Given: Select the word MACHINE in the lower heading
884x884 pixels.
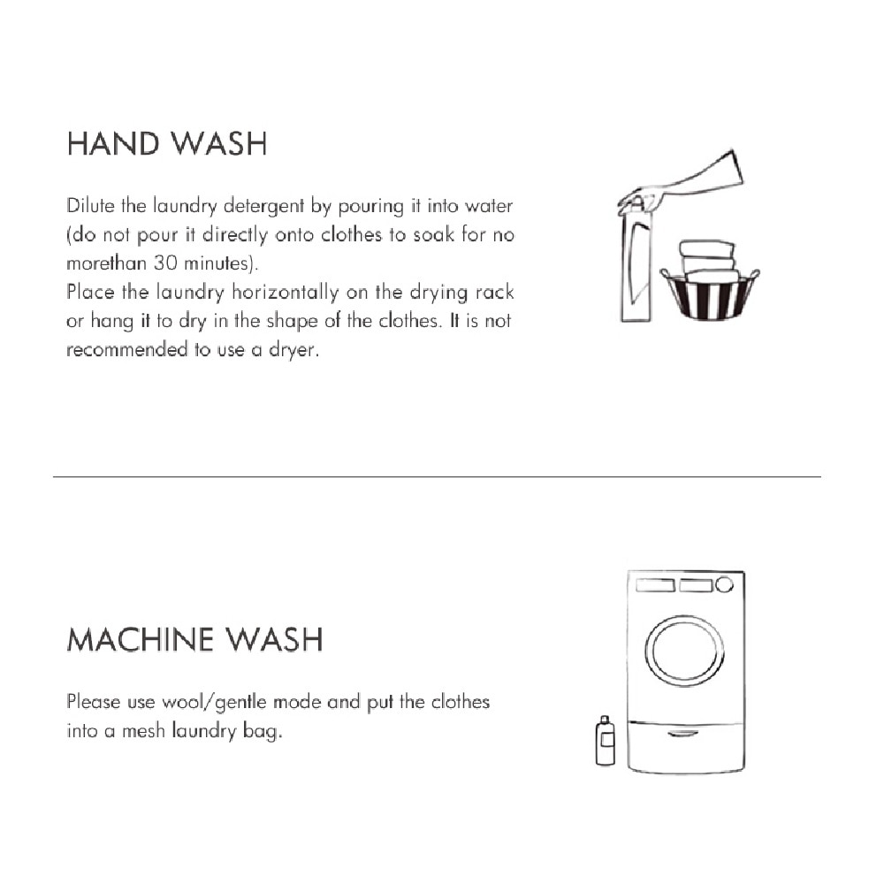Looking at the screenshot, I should click(x=141, y=639).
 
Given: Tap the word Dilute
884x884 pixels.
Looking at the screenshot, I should click(x=91, y=207).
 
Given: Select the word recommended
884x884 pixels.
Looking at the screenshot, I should click(x=126, y=349).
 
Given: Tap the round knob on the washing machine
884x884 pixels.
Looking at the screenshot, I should click(x=725, y=584).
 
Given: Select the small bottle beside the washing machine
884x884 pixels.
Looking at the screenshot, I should click(x=606, y=741).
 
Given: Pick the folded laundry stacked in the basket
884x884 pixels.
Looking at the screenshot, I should click(x=707, y=258).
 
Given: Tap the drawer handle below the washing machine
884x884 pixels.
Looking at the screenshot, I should click(x=684, y=733).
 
